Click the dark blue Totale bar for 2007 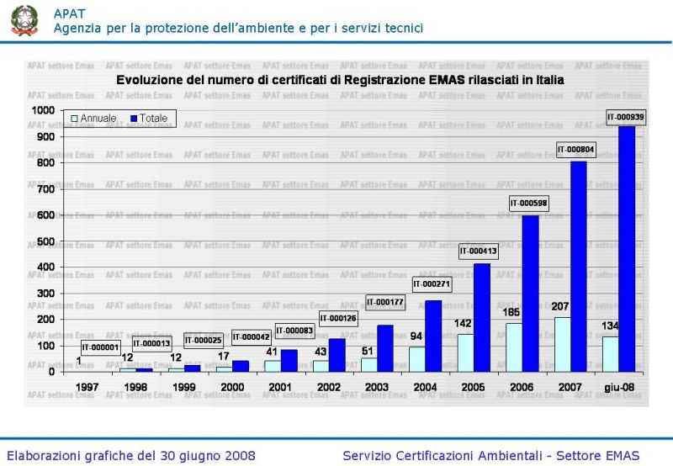coord(578,266)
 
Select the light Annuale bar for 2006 coord(514,347)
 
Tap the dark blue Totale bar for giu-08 coord(627,248)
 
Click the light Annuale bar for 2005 coord(465,352)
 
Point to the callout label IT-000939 coord(626,117)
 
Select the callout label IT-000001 coord(101,347)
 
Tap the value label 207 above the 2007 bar coord(560,306)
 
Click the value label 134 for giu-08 coord(611,326)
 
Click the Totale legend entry coord(148,119)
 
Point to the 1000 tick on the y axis coord(42,110)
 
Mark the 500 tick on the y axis coord(45,241)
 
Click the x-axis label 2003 coord(376,388)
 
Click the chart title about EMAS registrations coord(340,80)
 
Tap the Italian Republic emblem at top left coord(24,20)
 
